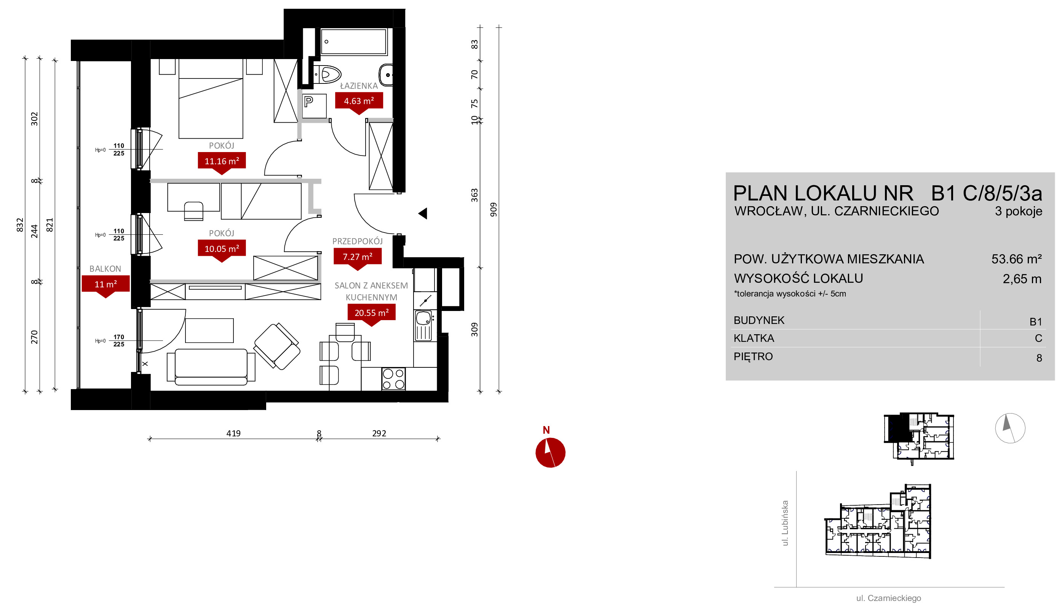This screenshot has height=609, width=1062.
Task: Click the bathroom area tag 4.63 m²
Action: point(359,101)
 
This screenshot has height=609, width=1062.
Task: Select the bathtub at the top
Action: point(354,42)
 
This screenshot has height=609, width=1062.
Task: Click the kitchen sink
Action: point(423,325)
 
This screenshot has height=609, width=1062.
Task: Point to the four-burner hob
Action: point(393,379)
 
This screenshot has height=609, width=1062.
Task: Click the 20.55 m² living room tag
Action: point(371,313)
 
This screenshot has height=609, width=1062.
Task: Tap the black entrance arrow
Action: point(423,213)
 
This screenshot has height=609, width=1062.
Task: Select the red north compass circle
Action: point(550,453)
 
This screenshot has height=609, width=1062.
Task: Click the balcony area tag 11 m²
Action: point(106,284)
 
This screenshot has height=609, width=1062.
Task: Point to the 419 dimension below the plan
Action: point(233,433)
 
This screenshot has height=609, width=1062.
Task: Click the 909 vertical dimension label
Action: point(493,210)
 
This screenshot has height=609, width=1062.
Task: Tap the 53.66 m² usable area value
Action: point(1016,259)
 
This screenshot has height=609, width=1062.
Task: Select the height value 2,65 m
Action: point(1022,279)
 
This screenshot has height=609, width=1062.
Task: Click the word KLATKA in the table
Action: point(754,338)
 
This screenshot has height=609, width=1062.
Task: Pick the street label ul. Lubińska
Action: point(785,523)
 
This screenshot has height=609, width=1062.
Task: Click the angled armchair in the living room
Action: point(277,346)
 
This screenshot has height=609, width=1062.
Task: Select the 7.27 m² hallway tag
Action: point(357,256)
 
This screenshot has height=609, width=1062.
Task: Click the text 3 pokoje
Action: point(1018,211)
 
